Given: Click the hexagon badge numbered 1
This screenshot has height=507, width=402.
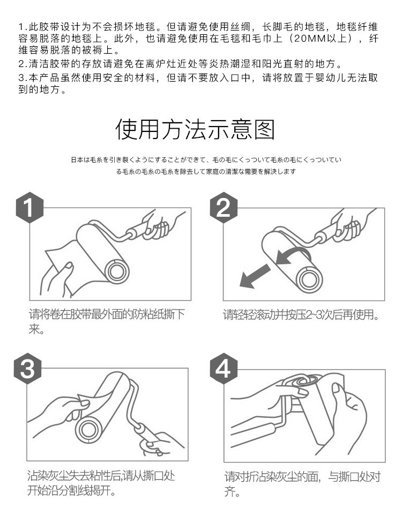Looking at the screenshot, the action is [29, 208].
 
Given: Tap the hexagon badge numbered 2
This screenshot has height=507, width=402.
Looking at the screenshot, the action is [224, 208].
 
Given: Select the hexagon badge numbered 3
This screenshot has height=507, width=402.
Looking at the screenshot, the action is [27, 369].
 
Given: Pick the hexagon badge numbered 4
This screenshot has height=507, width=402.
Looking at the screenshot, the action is [224, 369].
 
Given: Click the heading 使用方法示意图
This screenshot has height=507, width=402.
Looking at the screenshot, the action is [195, 129].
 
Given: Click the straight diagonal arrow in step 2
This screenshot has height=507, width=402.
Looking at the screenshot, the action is [255, 275].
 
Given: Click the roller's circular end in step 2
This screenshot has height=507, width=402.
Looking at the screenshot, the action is [309, 279].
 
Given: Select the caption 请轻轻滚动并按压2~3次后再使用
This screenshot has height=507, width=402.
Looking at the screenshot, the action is [301, 314].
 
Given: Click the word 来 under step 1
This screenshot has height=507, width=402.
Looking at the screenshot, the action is [34, 329].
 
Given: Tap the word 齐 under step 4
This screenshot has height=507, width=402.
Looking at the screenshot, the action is [230, 492].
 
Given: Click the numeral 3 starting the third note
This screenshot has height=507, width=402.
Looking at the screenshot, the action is [21, 78].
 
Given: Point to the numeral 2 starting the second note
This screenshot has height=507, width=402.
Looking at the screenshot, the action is [21, 64].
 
